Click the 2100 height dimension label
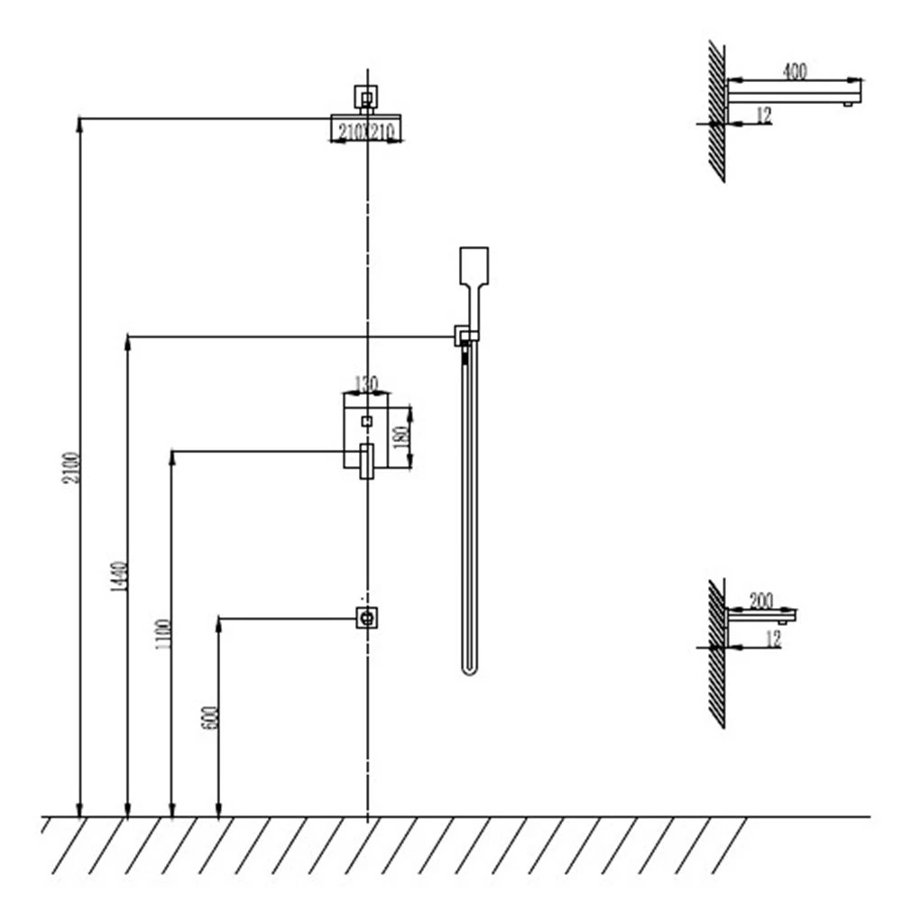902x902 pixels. pos(71,467)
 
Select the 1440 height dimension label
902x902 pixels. pos(119,575)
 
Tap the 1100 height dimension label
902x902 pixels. pos(163,634)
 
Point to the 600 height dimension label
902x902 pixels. pos(210,717)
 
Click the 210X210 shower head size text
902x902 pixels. pos(366,132)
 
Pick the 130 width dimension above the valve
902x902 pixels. pos(366,383)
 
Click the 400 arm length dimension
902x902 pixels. pos(795,70)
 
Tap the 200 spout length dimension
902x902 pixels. pos(761,601)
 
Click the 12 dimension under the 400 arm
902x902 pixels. pos(763,115)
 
